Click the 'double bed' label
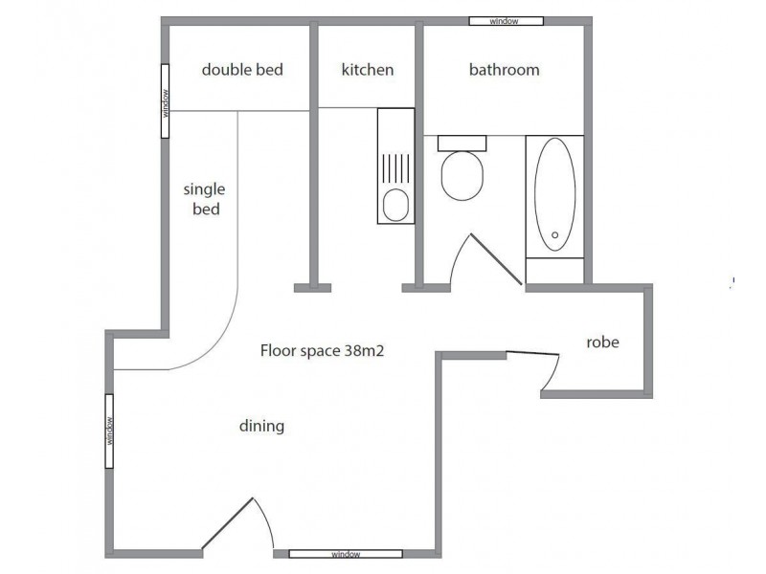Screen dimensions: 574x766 (242, 70)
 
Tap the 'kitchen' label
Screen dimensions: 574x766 (368, 70)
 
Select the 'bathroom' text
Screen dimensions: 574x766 (504, 70)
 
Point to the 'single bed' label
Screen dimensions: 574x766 (204, 199)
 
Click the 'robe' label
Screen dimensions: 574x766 (602, 342)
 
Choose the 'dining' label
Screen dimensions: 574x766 (261, 426)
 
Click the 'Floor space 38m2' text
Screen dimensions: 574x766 (322, 350)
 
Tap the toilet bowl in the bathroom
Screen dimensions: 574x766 (462, 176)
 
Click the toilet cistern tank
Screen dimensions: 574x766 (462, 143)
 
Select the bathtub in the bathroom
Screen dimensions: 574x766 (554, 196)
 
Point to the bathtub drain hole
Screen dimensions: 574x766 (554, 234)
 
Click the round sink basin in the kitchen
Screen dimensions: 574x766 (394, 205)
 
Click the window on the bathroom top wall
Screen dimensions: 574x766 (506, 20)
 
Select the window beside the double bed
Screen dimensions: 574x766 (165, 101)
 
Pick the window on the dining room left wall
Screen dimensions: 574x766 (110, 430)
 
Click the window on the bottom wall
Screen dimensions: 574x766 (346, 554)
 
